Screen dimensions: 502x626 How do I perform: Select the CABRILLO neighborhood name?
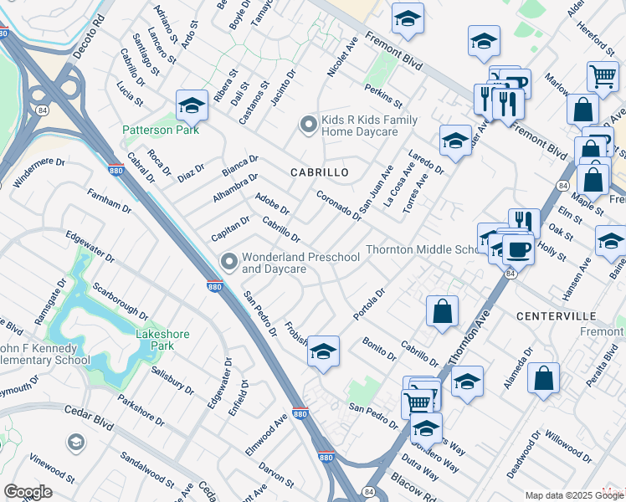(x=319, y=172)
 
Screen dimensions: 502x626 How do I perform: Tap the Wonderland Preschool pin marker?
(x=228, y=263)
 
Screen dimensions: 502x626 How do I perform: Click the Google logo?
(x=28, y=491)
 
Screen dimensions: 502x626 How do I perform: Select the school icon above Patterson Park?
(x=192, y=105)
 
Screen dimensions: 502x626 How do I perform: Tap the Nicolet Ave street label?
(x=343, y=57)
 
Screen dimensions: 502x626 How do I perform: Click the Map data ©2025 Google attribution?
(x=574, y=495)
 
